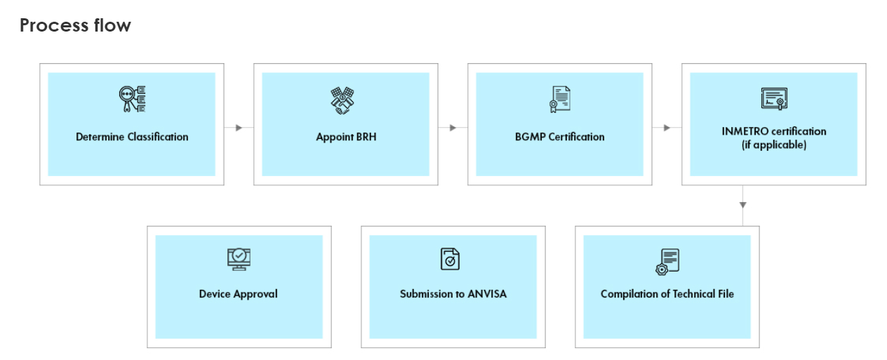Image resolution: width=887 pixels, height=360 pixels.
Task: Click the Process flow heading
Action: point(75,26)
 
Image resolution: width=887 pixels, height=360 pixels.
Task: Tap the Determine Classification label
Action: point(132,137)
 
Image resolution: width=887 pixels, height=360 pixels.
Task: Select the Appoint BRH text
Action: point(346,137)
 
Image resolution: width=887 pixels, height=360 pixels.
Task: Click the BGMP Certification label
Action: point(559,137)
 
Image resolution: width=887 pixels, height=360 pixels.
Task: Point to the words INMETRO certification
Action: point(774,131)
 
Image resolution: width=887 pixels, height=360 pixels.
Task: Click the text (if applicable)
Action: point(774,145)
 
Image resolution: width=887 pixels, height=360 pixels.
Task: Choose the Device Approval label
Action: point(239,294)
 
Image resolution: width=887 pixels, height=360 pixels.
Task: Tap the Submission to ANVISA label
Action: point(453,294)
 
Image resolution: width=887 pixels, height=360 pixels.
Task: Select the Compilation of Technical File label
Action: point(667,294)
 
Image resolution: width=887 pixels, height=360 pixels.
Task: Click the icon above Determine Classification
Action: point(132,100)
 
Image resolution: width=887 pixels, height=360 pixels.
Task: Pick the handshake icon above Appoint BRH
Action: point(342,101)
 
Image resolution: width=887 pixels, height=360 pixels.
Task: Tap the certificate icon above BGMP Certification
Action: point(559,100)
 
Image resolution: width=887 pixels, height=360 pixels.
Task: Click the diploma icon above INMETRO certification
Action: point(774,99)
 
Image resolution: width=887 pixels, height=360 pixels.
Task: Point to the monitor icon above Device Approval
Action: point(239,259)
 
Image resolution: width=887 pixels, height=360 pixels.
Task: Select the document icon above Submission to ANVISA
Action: point(450,259)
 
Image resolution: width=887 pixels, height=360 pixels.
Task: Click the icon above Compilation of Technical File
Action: point(667,261)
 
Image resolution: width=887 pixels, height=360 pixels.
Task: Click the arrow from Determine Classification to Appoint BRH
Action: point(239,128)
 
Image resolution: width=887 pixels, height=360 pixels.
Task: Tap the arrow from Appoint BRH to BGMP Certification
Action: point(453,128)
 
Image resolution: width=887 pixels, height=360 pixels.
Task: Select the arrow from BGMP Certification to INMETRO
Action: point(667,128)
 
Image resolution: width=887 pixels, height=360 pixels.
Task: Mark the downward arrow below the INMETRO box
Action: point(742,205)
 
